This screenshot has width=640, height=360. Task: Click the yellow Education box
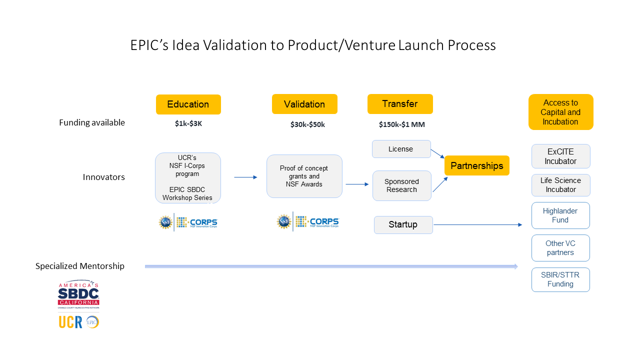tap(188, 104)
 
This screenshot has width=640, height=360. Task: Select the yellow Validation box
tap(304, 104)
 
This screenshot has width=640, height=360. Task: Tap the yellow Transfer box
tap(400, 104)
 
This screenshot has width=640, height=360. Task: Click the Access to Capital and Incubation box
tap(560, 112)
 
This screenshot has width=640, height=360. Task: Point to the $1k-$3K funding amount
tap(185, 124)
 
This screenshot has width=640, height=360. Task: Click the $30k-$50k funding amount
tap(307, 124)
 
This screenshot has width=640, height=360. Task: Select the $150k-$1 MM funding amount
tap(402, 124)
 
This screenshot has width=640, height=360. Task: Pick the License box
tap(401, 149)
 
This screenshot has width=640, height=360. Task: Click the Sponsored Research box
tap(401, 185)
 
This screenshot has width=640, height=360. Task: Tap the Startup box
tap(403, 224)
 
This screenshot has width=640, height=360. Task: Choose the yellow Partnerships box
tap(477, 165)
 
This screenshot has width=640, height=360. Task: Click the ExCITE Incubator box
tap(560, 156)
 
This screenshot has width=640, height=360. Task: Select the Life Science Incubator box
tap(560, 185)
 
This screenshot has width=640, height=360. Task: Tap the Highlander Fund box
tap(560, 215)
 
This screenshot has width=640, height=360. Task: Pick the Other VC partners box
tap(560, 248)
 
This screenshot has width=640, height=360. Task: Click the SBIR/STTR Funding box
tap(560, 279)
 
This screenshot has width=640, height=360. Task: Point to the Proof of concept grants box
tap(304, 176)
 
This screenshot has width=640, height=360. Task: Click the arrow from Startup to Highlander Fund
tap(477, 225)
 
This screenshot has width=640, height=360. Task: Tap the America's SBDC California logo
tap(78, 295)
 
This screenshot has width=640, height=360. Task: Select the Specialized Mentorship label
tap(80, 266)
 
